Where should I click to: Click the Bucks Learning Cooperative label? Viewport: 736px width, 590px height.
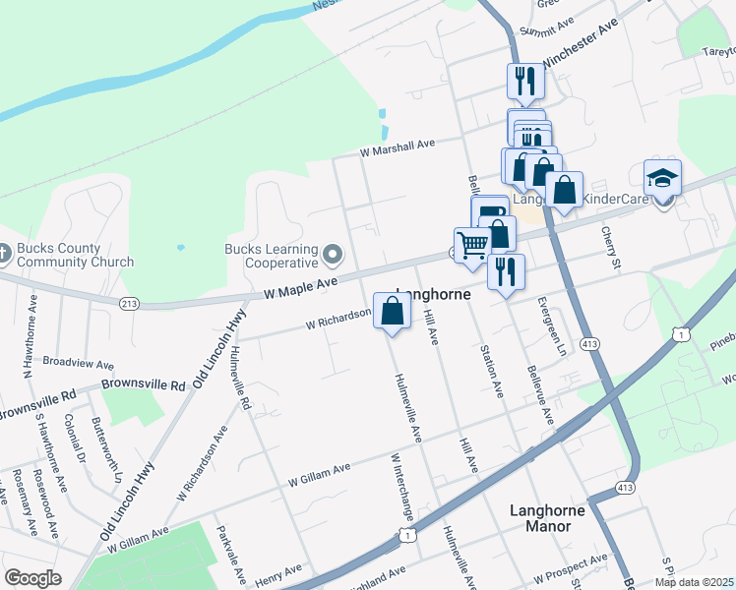click(x=271, y=256)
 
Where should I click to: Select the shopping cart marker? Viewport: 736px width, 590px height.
click(x=472, y=246)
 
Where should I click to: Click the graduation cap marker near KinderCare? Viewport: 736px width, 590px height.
click(x=663, y=180)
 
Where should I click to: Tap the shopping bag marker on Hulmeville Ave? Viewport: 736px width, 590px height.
click(x=392, y=312)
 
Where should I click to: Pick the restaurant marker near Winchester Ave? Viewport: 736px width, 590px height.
click(x=525, y=81)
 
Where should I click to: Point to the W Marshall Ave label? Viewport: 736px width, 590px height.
click(x=397, y=146)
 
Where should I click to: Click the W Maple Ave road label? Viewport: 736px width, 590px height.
click(x=300, y=286)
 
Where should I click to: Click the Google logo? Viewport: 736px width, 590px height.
click(x=32, y=578)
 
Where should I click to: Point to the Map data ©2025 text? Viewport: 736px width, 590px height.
click(x=694, y=582)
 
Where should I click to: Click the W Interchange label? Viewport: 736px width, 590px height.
click(x=403, y=487)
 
